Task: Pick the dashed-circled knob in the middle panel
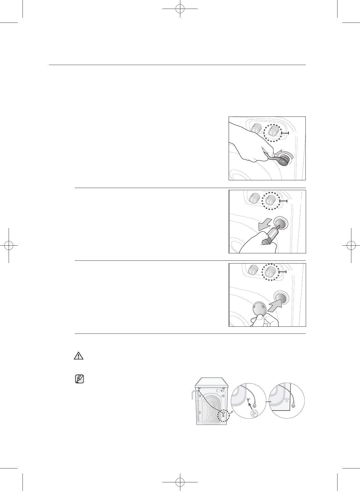pos(270,201)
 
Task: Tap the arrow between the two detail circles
pos(269,402)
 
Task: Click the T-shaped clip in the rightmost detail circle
pos(287,400)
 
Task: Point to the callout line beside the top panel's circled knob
pos(285,133)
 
